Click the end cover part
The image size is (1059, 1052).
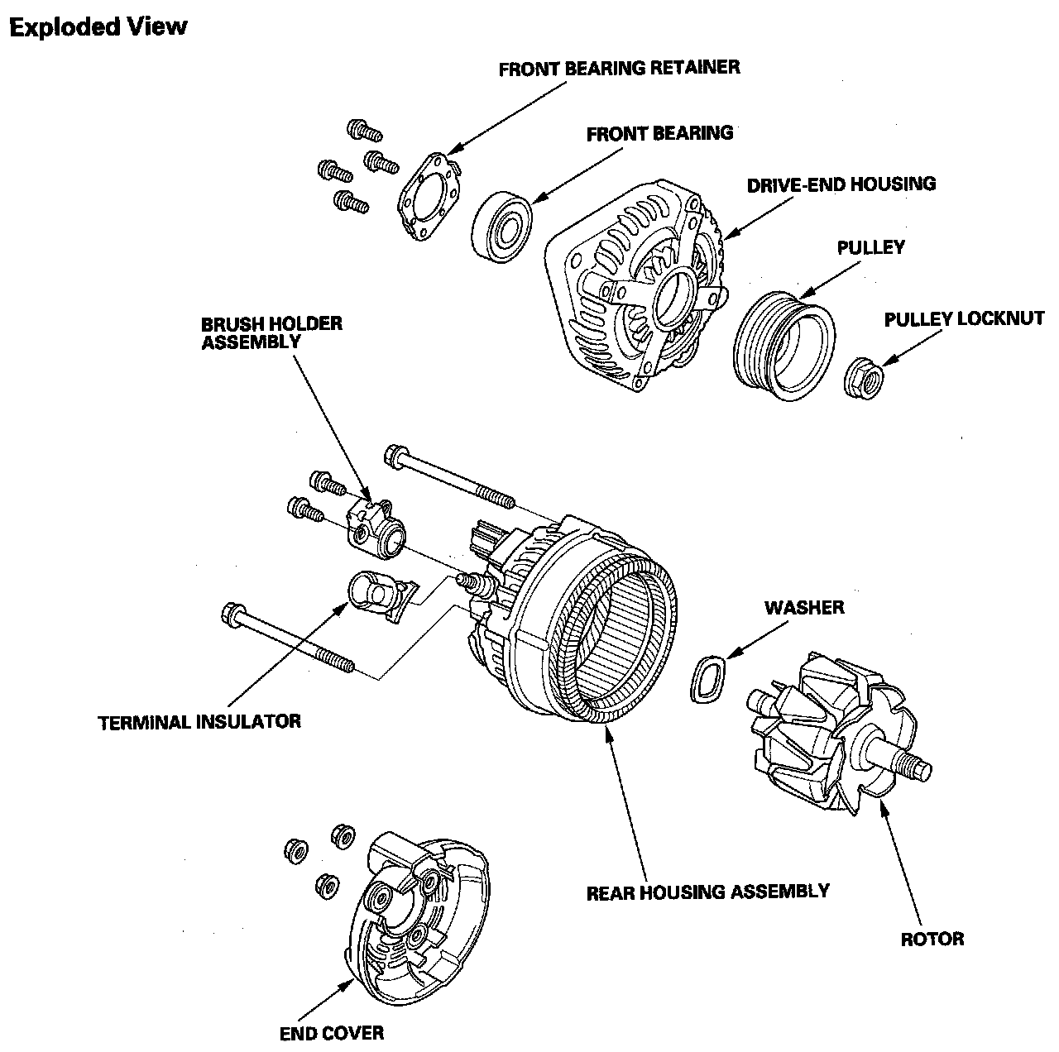[x=419, y=918]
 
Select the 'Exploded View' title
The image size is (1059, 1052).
[x=98, y=27]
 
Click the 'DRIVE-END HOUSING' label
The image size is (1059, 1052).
[x=841, y=184]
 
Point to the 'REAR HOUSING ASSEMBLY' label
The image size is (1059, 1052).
[x=707, y=892]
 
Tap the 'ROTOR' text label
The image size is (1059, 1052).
[x=932, y=939]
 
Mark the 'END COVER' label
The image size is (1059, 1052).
[x=332, y=1032]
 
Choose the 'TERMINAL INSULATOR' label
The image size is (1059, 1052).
[x=199, y=721]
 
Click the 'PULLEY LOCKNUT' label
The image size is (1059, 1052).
[x=964, y=319]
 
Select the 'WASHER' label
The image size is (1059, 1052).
[x=804, y=608]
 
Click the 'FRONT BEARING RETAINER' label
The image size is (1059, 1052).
[x=619, y=68]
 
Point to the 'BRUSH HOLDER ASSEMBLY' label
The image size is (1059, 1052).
[x=271, y=332]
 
